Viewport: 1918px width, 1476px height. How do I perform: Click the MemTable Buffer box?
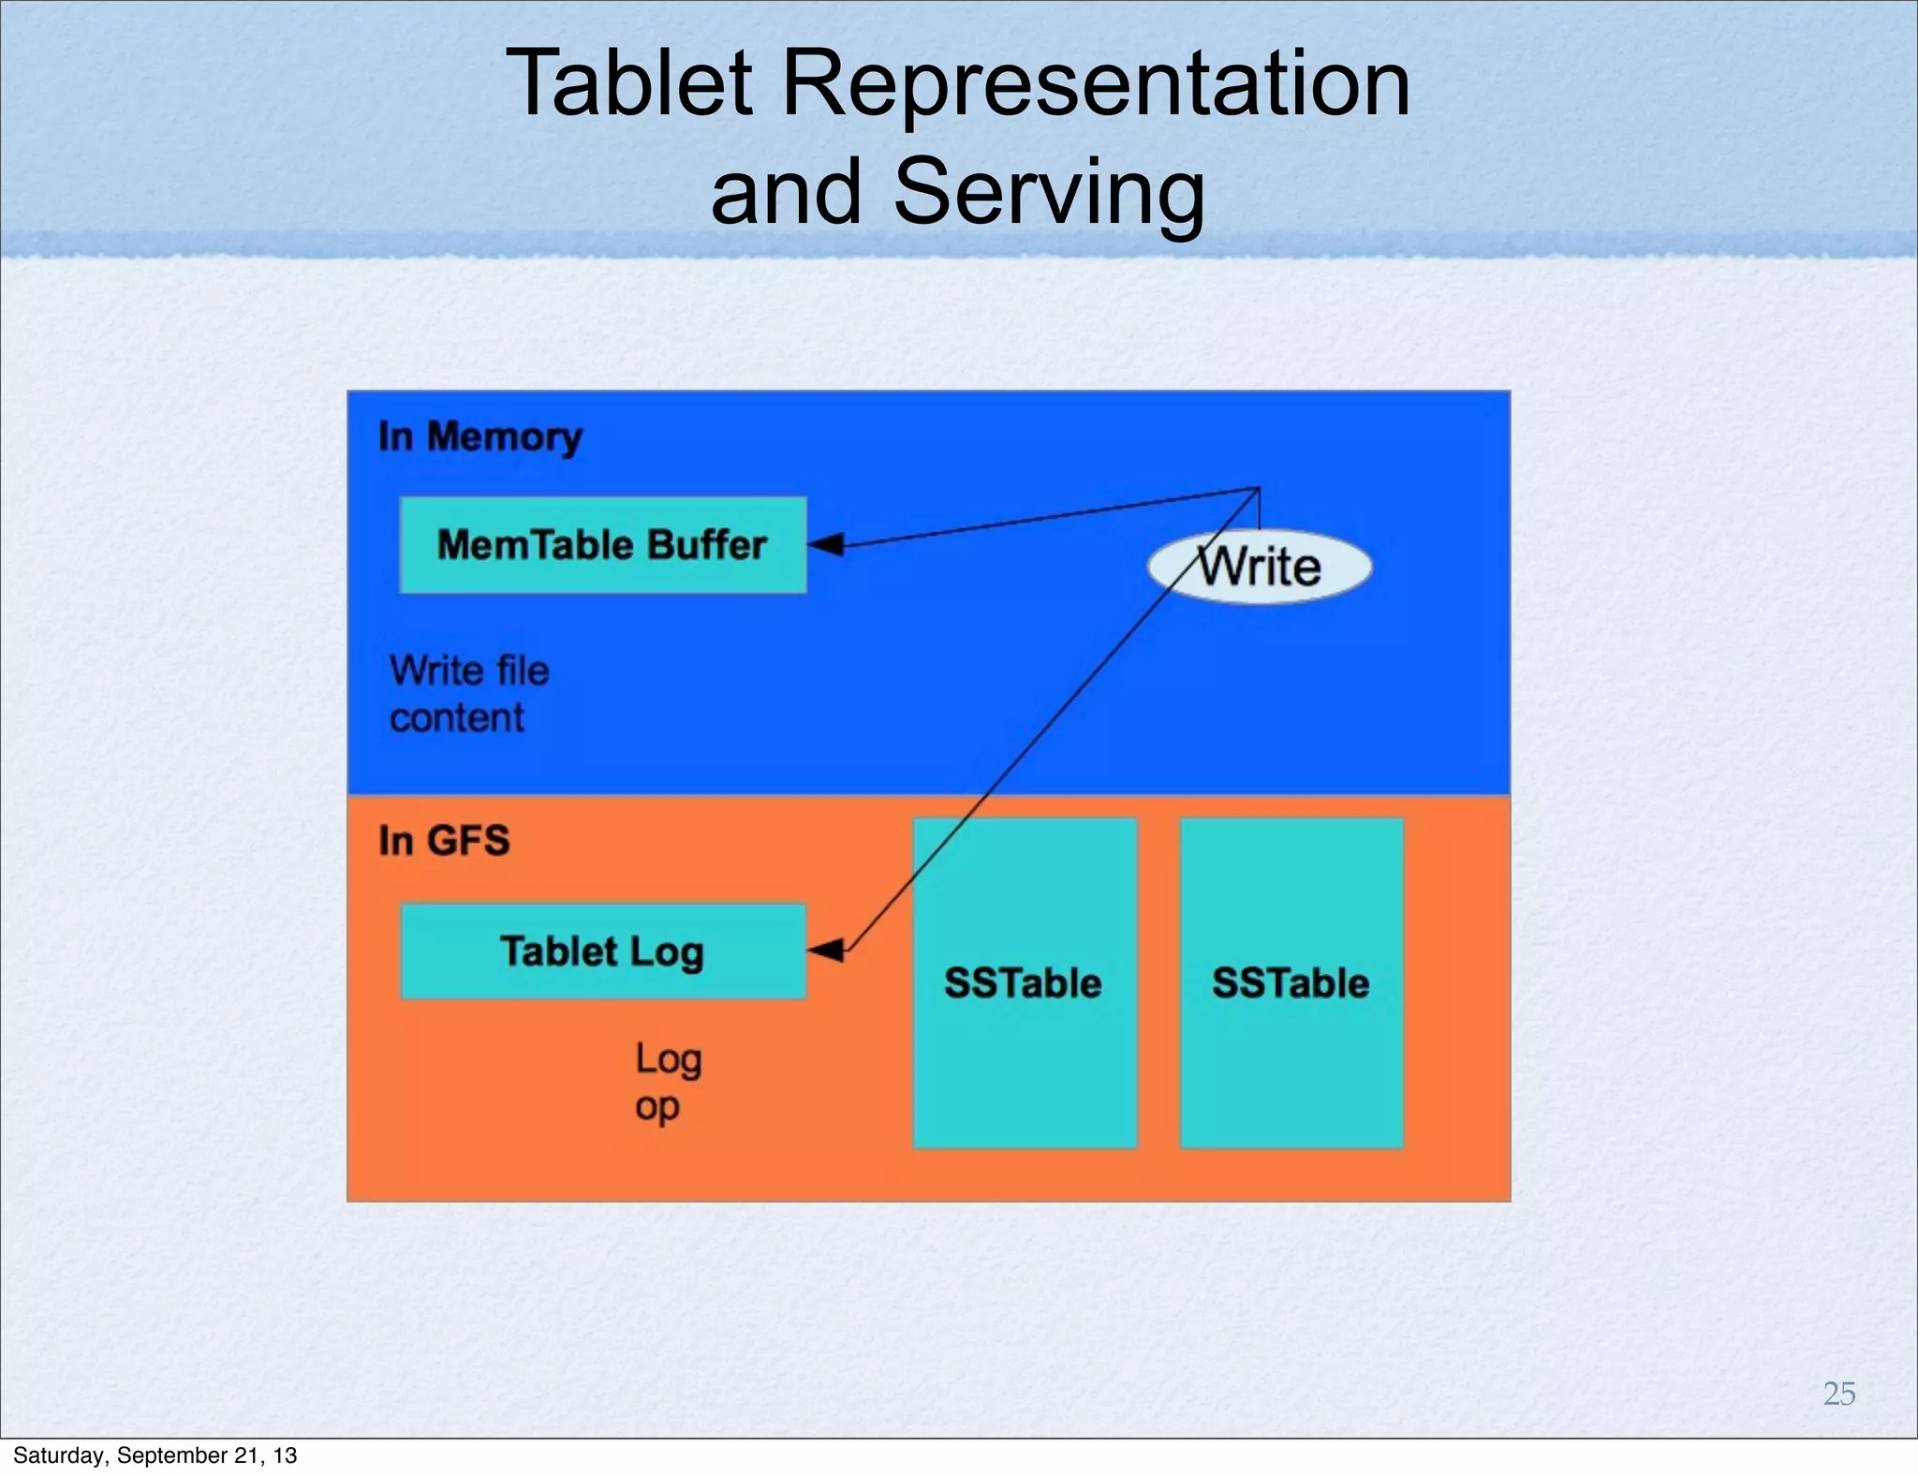[602, 545]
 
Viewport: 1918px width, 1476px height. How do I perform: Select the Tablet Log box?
[602, 952]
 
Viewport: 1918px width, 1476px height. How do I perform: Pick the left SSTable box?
[1024, 983]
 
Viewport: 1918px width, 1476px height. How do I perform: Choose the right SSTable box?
[1291, 983]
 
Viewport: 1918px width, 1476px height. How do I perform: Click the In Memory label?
[479, 437]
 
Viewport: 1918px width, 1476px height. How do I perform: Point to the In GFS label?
[444, 840]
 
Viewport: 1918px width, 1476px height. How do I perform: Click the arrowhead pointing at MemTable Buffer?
[827, 544]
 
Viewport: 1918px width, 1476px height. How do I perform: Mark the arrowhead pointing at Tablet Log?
[827, 951]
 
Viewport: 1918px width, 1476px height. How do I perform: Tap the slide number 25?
[1838, 1394]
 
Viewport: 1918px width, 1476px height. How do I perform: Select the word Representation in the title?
[1095, 83]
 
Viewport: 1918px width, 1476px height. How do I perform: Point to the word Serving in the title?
[1049, 192]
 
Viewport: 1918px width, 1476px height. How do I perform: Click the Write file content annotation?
[469, 694]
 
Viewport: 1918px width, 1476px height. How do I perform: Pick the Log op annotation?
[668, 1082]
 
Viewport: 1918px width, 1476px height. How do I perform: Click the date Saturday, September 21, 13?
[155, 1454]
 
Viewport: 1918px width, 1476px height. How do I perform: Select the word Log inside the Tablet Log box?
[666, 952]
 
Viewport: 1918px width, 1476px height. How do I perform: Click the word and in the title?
[786, 192]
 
